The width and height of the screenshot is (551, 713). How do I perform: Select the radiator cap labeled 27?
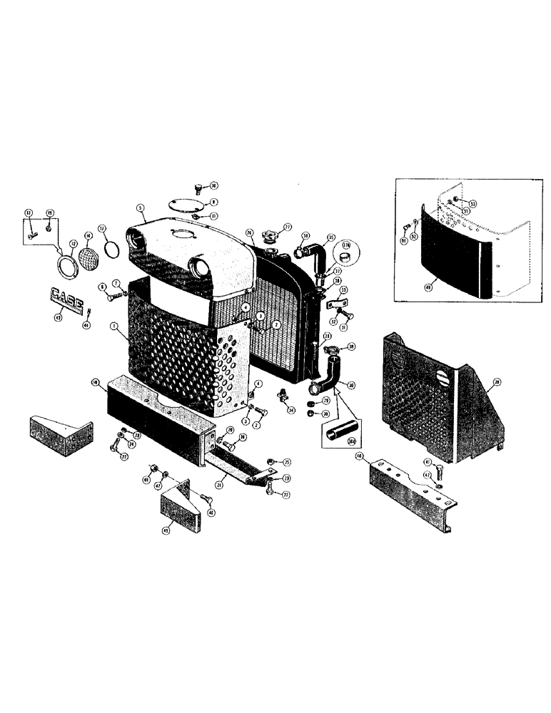272,235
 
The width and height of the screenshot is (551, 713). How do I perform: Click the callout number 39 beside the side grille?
496,382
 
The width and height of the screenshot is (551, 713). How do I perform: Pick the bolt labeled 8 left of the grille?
111,297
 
